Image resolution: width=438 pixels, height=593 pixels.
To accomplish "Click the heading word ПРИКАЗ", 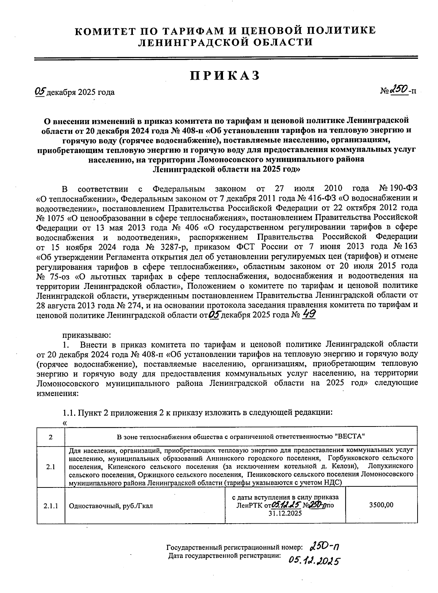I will coord(225,75).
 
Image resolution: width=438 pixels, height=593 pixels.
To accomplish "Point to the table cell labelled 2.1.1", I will coord(50,506).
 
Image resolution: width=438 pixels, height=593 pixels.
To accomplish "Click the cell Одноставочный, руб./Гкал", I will coord(111,506).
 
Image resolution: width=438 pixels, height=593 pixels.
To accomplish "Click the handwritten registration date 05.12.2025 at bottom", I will coord(314,561).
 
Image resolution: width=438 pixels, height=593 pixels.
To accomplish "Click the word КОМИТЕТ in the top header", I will coord(109,30).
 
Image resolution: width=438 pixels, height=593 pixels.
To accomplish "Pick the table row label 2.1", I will coord(50,467).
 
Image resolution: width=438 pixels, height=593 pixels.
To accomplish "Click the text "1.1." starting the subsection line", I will coord(69,413).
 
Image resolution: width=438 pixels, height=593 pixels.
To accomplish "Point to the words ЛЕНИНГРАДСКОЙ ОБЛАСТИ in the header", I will coord(225,42).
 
